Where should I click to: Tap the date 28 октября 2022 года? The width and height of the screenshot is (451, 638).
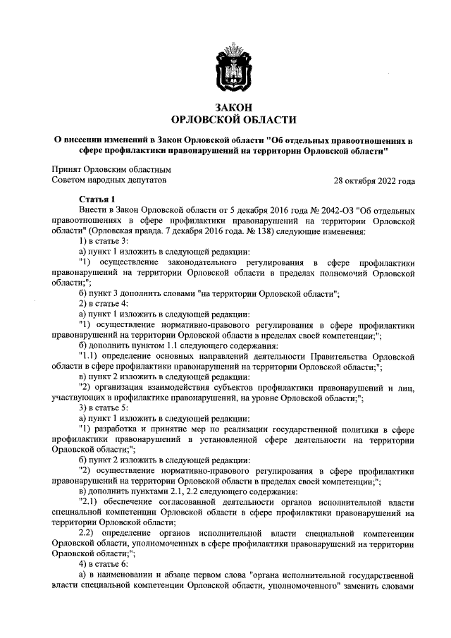374,180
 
